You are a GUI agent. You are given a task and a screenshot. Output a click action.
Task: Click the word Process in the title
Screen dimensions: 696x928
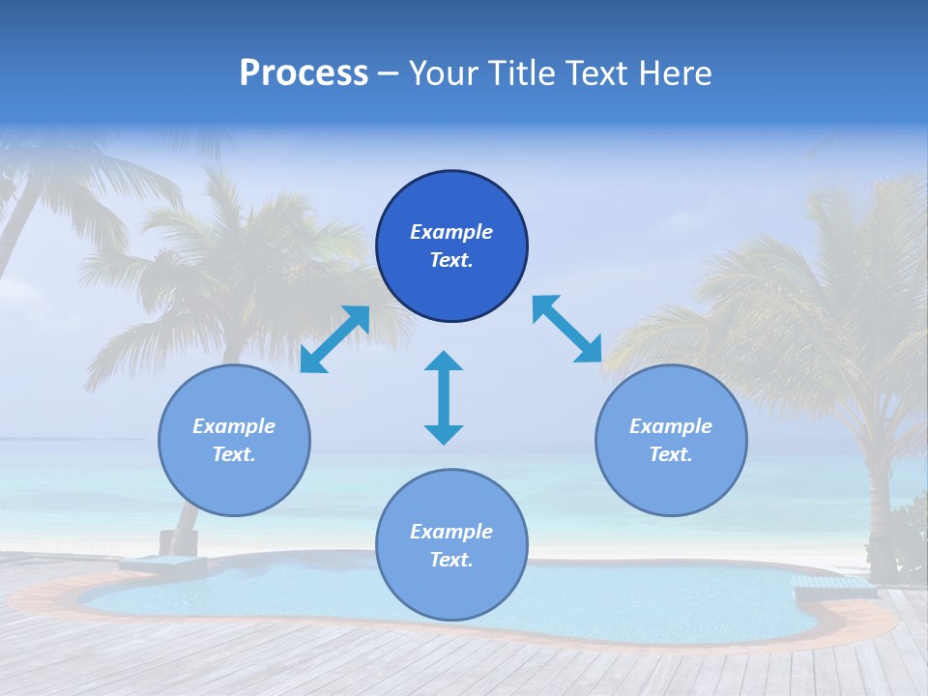[304, 73]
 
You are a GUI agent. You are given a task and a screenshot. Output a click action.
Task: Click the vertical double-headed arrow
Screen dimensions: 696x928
[444, 397]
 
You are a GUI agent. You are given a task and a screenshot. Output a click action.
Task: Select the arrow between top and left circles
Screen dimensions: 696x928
[334, 339]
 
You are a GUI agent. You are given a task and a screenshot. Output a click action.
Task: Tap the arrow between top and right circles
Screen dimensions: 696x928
[567, 330]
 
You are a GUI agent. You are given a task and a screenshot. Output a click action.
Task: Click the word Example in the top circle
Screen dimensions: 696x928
[451, 232]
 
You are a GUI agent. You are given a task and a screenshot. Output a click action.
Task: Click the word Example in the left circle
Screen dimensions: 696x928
[234, 426]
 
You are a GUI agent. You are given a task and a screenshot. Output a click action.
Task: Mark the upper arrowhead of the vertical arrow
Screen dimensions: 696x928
[444, 362]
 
